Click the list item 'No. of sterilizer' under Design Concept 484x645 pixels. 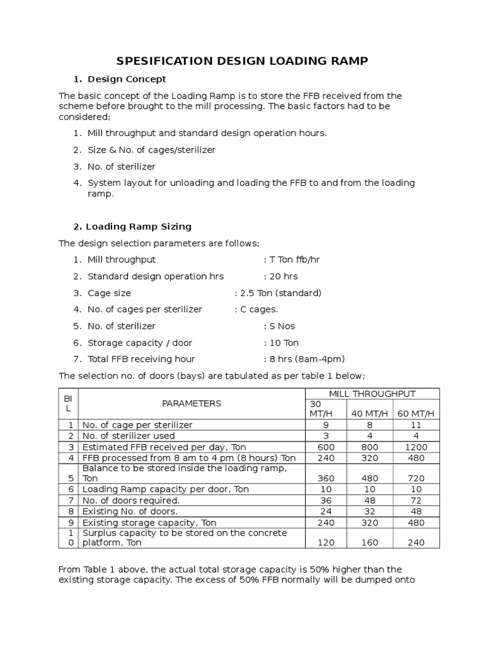tap(122, 166)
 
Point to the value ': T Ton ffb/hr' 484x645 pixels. tap(291, 260)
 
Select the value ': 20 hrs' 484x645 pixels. tap(280, 276)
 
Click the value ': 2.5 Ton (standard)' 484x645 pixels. tap(278, 293)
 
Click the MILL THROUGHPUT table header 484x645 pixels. tap(372, 394)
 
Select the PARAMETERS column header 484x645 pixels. tap(192, 403)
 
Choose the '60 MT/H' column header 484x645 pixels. tap(417, 413)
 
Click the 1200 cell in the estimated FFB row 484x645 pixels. tap(417, 447)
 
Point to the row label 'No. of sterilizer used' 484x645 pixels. tap(129, 435)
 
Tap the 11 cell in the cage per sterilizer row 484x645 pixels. tap(417, 425)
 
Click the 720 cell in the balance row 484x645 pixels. tap(417, 478)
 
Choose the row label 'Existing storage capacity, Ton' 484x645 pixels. tap(149, 522)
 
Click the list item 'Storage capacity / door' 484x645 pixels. tap(140, 343)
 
